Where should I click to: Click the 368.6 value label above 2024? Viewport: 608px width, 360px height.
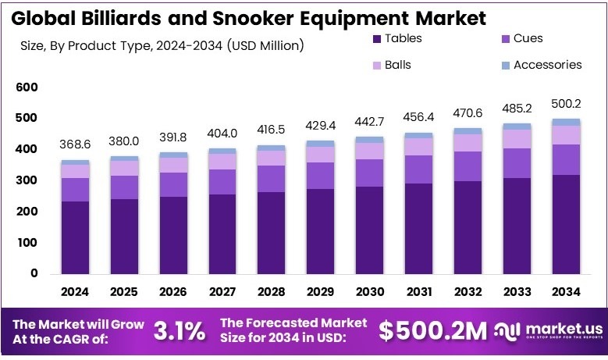(x=75, y=145)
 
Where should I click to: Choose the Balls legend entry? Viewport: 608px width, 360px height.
(x=397, y=65)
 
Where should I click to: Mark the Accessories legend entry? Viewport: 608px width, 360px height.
(x=547, y=65)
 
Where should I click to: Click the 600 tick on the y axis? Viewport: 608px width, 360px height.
(x=27, y=87)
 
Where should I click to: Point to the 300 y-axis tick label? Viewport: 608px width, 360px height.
(x=27, y=180)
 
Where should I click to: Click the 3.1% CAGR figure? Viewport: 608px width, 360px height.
(x=180, y=331)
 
